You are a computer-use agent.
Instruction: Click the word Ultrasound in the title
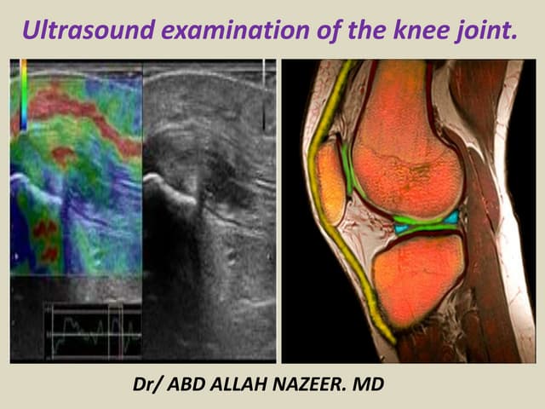pos(79,32)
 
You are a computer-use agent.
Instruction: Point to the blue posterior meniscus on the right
pos(451,218)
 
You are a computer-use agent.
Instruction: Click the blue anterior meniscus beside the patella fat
pos(401,228)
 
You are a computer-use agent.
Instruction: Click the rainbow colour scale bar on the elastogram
pos(23,94)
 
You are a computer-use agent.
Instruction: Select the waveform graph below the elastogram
pos(92,331)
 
